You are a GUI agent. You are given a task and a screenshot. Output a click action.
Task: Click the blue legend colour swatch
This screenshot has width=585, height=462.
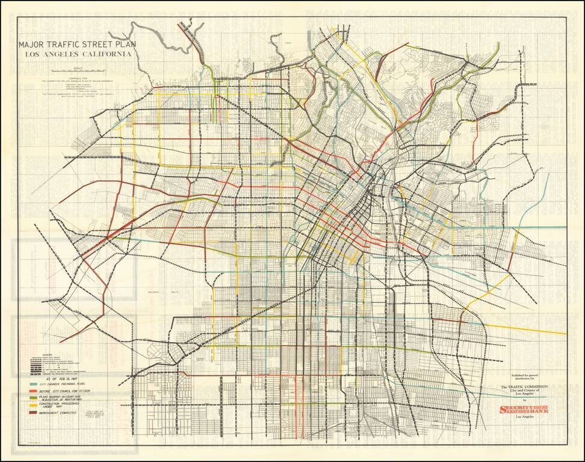pyautogui.click(x=32, y=383)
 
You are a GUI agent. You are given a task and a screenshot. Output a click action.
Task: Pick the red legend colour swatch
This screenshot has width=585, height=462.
pyautogui.click(x=32, y=391)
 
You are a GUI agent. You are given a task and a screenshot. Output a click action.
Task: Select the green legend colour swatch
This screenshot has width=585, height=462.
pyautogui.click(x=32, y=398)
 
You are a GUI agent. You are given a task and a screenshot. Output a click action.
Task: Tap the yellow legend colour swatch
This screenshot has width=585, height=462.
pyautogui.click(x=32, y=405)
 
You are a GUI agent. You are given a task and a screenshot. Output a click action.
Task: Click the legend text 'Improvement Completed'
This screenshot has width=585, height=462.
pyautogui.click(x=61, y=413)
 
